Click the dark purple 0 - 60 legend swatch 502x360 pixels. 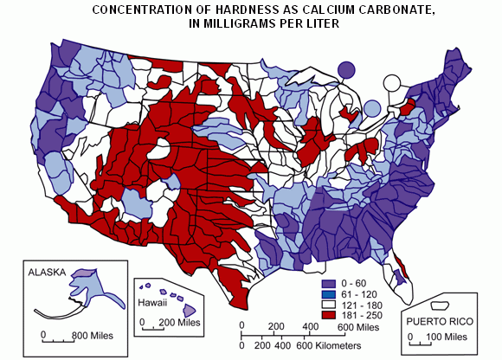pos(328,283)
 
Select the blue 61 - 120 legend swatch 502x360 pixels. pos(328,293)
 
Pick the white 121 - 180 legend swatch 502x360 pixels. pos(328,304)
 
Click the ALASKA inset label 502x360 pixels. pos(48,272)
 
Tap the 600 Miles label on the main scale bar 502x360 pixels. pos(357,327)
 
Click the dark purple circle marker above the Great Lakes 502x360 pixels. pos(346,70)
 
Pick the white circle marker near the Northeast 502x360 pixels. pos(393,84)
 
